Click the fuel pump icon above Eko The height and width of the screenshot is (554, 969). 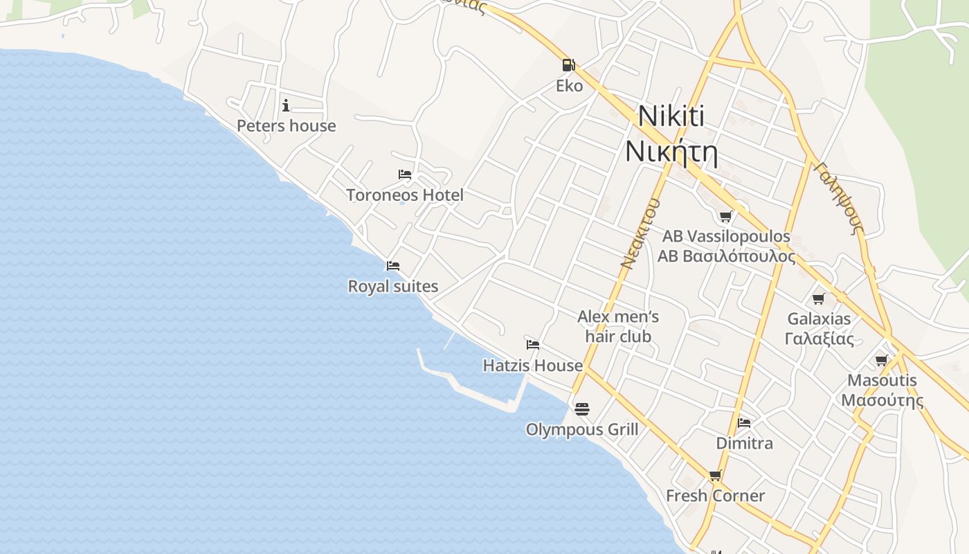click(568, 65)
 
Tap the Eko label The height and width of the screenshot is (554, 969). click(569, 86)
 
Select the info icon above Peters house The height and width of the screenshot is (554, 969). click(286, 105)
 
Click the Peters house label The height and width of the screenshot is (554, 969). click(287, 126)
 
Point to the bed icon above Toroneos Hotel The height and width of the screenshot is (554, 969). click(405, 174)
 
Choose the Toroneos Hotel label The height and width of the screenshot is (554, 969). click(405, 195)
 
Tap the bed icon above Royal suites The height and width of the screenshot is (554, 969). click(393, 265)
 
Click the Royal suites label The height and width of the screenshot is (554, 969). click(393, 286)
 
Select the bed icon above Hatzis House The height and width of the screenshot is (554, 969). click(533, 344)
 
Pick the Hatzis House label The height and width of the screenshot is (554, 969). click(533, 365)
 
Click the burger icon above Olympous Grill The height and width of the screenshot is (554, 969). click(582, 409)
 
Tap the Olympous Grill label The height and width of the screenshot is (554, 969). click(582, 429)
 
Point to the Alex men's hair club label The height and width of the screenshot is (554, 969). click(618, 327)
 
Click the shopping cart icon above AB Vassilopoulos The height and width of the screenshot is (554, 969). click(726, 216)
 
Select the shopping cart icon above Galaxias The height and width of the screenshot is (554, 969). click(819, 298)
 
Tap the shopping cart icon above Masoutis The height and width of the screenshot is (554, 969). click(882, 360)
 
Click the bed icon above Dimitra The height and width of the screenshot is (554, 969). click(744, 422)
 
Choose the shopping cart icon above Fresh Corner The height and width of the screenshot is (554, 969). click(715, 475)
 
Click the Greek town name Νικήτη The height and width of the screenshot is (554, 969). click(671, 152)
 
